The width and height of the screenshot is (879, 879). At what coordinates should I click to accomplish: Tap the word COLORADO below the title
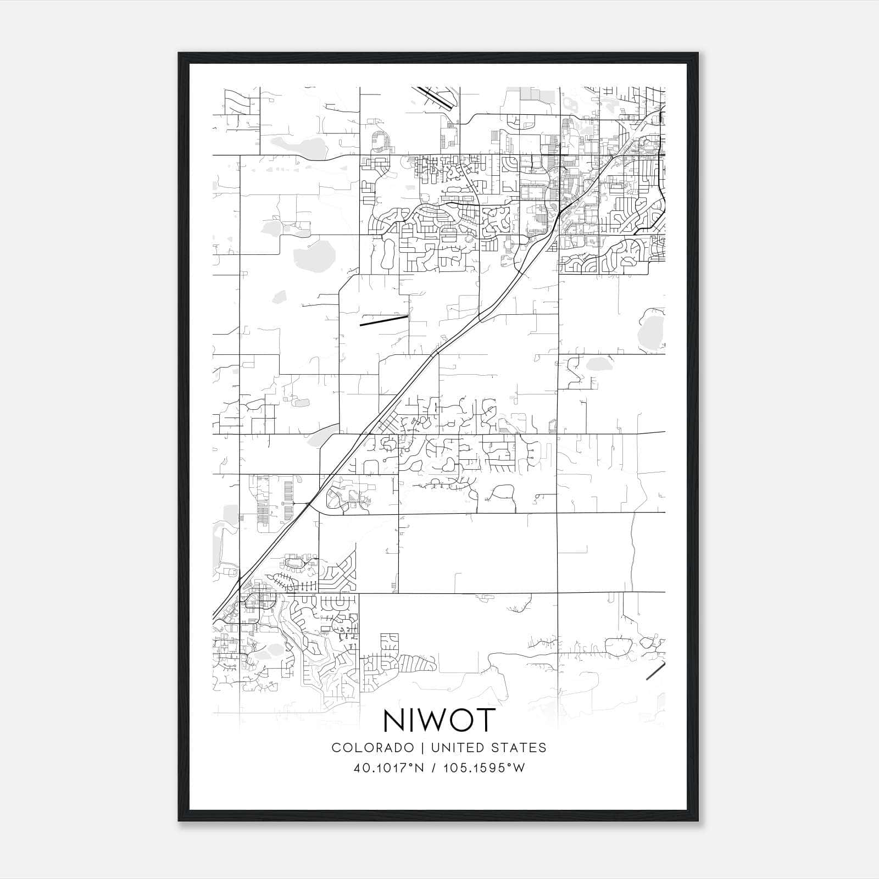point(372,747)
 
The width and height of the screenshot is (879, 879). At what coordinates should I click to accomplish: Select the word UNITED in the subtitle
point(458,747)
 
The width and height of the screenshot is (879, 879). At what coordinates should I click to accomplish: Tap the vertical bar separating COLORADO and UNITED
point(423,747)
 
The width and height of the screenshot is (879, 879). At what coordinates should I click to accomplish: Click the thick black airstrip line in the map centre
point(383,321)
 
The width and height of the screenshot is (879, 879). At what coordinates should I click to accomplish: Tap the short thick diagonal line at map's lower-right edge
point(655,671)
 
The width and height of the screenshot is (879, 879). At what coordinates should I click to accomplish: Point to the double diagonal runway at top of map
point(436,97)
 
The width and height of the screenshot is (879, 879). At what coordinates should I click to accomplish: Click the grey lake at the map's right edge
point(652,330)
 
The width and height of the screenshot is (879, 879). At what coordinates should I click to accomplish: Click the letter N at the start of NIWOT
point(394,721)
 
